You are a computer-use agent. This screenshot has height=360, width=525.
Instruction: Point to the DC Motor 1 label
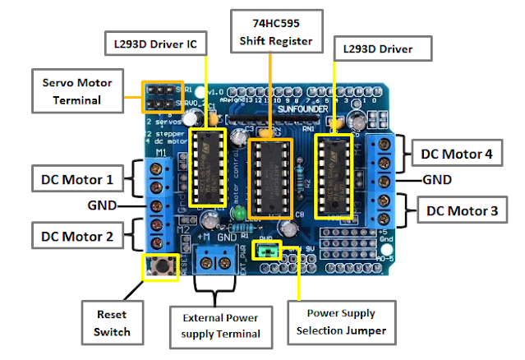78,177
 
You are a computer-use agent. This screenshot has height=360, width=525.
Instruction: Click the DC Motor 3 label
461,211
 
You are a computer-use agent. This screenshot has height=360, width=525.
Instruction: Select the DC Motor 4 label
458,154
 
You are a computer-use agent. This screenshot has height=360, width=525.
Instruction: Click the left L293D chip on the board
206,166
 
